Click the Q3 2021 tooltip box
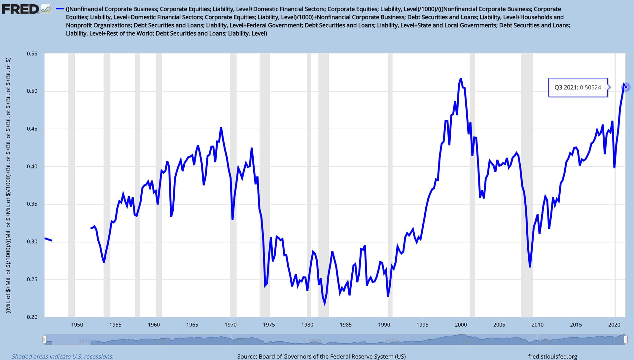click(x=578, y=87)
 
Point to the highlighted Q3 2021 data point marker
click(x=625, y=87)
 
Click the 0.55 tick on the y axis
click(x=32, y=53)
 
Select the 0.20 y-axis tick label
click(x=32, y=317)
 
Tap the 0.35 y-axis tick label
click(x=32, y=204)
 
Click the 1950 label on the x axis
click(x=77, y=325)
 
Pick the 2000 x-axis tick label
click(x=461, y=325)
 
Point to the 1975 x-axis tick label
click(x=269, y=325)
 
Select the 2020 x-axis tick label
click(x=614, y=325)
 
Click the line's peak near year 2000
click(x=461, y=79)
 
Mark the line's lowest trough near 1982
click(x=325, y=304)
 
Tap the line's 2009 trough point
click(x=530, y=267)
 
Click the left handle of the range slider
click(x=44, y=340)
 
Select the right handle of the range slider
click(x=625, y=340)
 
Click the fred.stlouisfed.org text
click(x=552, y=356)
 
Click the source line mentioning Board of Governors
click(x=321, y=356)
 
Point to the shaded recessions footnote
click(x=62, y=356)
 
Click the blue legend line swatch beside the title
click(x=60, y=9)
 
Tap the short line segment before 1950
click(x=48, y=239)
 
